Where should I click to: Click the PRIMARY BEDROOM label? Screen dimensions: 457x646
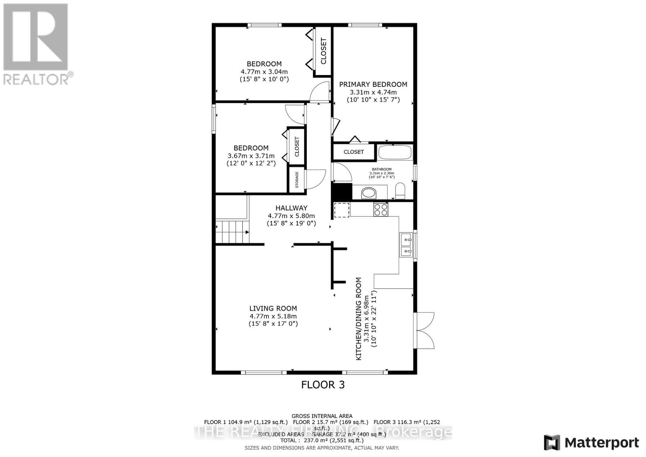coord(373,84)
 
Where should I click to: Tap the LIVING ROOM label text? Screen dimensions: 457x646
coord(273,308)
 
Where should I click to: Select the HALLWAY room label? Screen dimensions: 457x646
coord(291,208)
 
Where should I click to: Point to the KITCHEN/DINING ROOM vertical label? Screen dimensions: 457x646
coord(358,319)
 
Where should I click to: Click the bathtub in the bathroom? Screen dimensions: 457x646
coord(395,153)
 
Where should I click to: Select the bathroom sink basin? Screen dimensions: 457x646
coord(368,193)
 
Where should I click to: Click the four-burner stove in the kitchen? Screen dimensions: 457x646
coord(380,210)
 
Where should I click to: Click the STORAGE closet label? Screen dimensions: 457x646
coord(297,180)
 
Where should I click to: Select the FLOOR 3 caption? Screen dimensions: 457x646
coord(323,385)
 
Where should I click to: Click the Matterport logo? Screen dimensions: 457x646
coord(591,443)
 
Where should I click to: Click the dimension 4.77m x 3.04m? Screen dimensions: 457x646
coord(264,71)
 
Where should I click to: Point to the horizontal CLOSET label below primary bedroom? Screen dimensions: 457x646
coord(354,152)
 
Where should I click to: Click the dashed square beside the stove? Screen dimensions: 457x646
coord(342,210)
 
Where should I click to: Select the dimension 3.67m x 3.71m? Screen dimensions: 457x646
coord(251,156)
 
